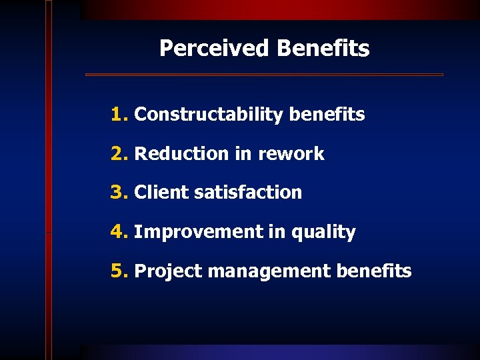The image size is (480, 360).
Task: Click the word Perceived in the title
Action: click(x=214, y=49)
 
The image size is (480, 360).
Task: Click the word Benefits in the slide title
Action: click(x=323, y=49)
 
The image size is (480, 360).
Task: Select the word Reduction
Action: click(x=181, y=154)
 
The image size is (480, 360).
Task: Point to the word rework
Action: click(x=291, y=154)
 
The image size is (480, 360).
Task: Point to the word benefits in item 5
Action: click(x=374, y=271)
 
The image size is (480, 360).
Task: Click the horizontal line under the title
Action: click(x=264, y=75)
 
